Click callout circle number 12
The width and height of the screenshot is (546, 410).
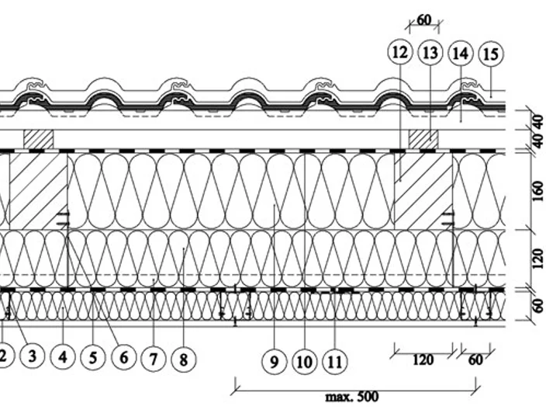point(399,52)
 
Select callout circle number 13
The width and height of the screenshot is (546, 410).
point(430,53)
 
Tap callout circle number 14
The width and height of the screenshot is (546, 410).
point(461,54)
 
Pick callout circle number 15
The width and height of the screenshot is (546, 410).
point(491,54)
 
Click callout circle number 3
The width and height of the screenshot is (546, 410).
point(32,356)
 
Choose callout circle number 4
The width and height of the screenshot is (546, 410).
point(63,357)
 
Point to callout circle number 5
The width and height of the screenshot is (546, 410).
point(93,358)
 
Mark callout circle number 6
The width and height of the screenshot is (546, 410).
point(123,358)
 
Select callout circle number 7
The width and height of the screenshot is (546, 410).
point(154,359)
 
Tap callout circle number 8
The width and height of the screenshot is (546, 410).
point(184,360)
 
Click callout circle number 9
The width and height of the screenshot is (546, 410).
point(275,362)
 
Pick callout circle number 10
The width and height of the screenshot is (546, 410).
point(305,362)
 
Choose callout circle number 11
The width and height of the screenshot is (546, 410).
point(335,362)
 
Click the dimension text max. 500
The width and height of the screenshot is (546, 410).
point(351,397)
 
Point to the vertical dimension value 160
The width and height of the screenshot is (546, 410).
point(538,191)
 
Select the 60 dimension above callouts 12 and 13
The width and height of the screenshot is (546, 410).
point(423,20)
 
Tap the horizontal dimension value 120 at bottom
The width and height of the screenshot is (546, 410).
point(423,360)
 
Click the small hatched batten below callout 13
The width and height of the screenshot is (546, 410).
point(423,139)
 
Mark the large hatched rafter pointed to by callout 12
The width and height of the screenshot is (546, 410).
point(423,191)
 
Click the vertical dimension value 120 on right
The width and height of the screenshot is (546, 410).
point(538,259)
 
